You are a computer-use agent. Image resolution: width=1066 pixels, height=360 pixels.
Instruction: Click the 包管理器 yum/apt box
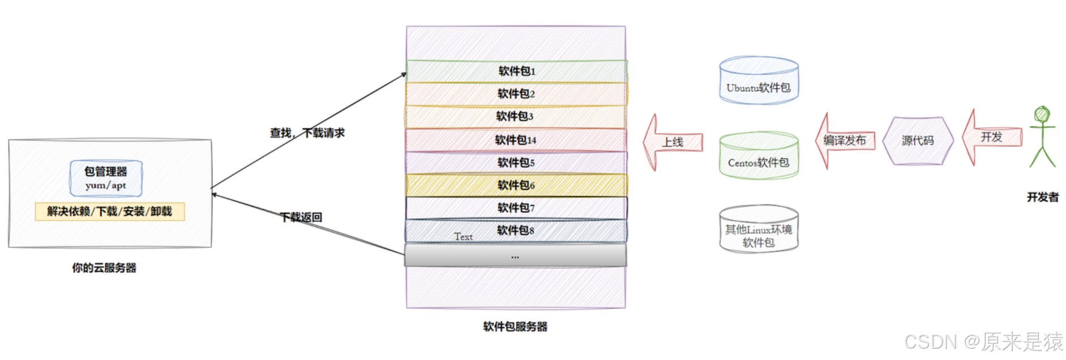click(x=106, y=178)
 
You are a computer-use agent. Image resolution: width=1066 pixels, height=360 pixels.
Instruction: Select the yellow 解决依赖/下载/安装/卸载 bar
click(x=110, y=212)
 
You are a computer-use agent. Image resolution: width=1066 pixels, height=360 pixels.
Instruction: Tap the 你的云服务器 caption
click(x=104, y=268)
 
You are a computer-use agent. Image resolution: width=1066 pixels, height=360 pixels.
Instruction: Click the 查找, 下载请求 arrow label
click(x=307, y=133)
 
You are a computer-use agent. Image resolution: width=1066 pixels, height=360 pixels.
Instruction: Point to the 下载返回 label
click(x=301, y=217)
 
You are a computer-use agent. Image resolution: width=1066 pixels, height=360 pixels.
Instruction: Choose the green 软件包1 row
click(x=516, y=71)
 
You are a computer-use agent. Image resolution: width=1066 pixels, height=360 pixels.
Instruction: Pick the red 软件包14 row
click(x=516, y=140)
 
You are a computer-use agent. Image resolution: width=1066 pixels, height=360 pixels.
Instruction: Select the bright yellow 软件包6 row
click(x=516, y=185)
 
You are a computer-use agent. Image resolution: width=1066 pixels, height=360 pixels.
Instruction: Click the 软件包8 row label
click(x=516, y=230)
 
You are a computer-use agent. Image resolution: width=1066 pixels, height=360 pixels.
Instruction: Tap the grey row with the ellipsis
click(x=515, y=256)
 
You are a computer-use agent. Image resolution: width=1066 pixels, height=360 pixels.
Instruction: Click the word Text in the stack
click(x=463, y=237)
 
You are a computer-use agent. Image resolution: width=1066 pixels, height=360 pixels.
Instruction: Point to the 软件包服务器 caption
click(x=515, y=327)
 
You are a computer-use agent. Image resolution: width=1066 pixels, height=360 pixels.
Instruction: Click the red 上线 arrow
click(x=673, y=142)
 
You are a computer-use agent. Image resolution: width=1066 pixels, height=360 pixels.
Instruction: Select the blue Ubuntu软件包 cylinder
click(x=759, y=81)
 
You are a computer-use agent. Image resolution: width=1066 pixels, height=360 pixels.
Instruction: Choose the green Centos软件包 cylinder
click(x=759, y=156)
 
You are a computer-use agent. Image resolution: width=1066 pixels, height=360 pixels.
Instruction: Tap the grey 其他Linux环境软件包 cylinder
click(x=759, y=229)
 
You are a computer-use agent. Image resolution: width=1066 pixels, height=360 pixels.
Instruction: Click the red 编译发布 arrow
click(x=845, y=140)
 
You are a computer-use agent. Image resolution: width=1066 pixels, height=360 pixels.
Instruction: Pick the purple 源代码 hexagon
click(x=918, y=140)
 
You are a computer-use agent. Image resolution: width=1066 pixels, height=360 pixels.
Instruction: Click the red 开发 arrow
click(x=992, y=138)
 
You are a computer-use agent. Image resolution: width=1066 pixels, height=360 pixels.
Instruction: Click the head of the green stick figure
click(x=1042, y=114)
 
